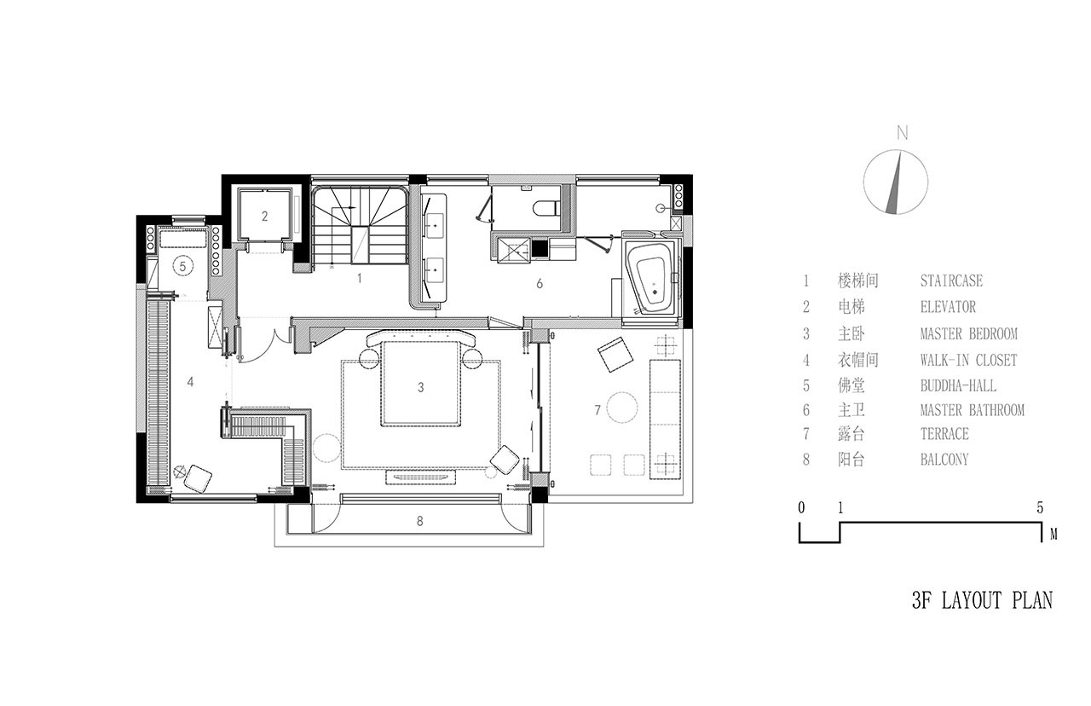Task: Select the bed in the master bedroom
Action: click(421, 383)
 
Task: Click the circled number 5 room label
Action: click(182, 266)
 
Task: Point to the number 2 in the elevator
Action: click(264, 216)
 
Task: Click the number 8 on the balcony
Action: click(420, 521)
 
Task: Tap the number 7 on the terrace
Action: click(597, 410)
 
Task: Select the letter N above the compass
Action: click(903, 133)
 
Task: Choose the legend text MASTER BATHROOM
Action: click(973, 410)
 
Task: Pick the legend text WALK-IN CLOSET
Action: click(968, 360)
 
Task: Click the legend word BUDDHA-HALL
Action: click(958, 385)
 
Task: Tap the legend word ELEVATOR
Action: click(948, 306)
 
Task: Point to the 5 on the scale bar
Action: click(1040, 507)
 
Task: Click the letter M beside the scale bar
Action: click(1053, 535)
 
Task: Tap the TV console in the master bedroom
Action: click(421, 477)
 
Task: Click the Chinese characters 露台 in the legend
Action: click(851, 434)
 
